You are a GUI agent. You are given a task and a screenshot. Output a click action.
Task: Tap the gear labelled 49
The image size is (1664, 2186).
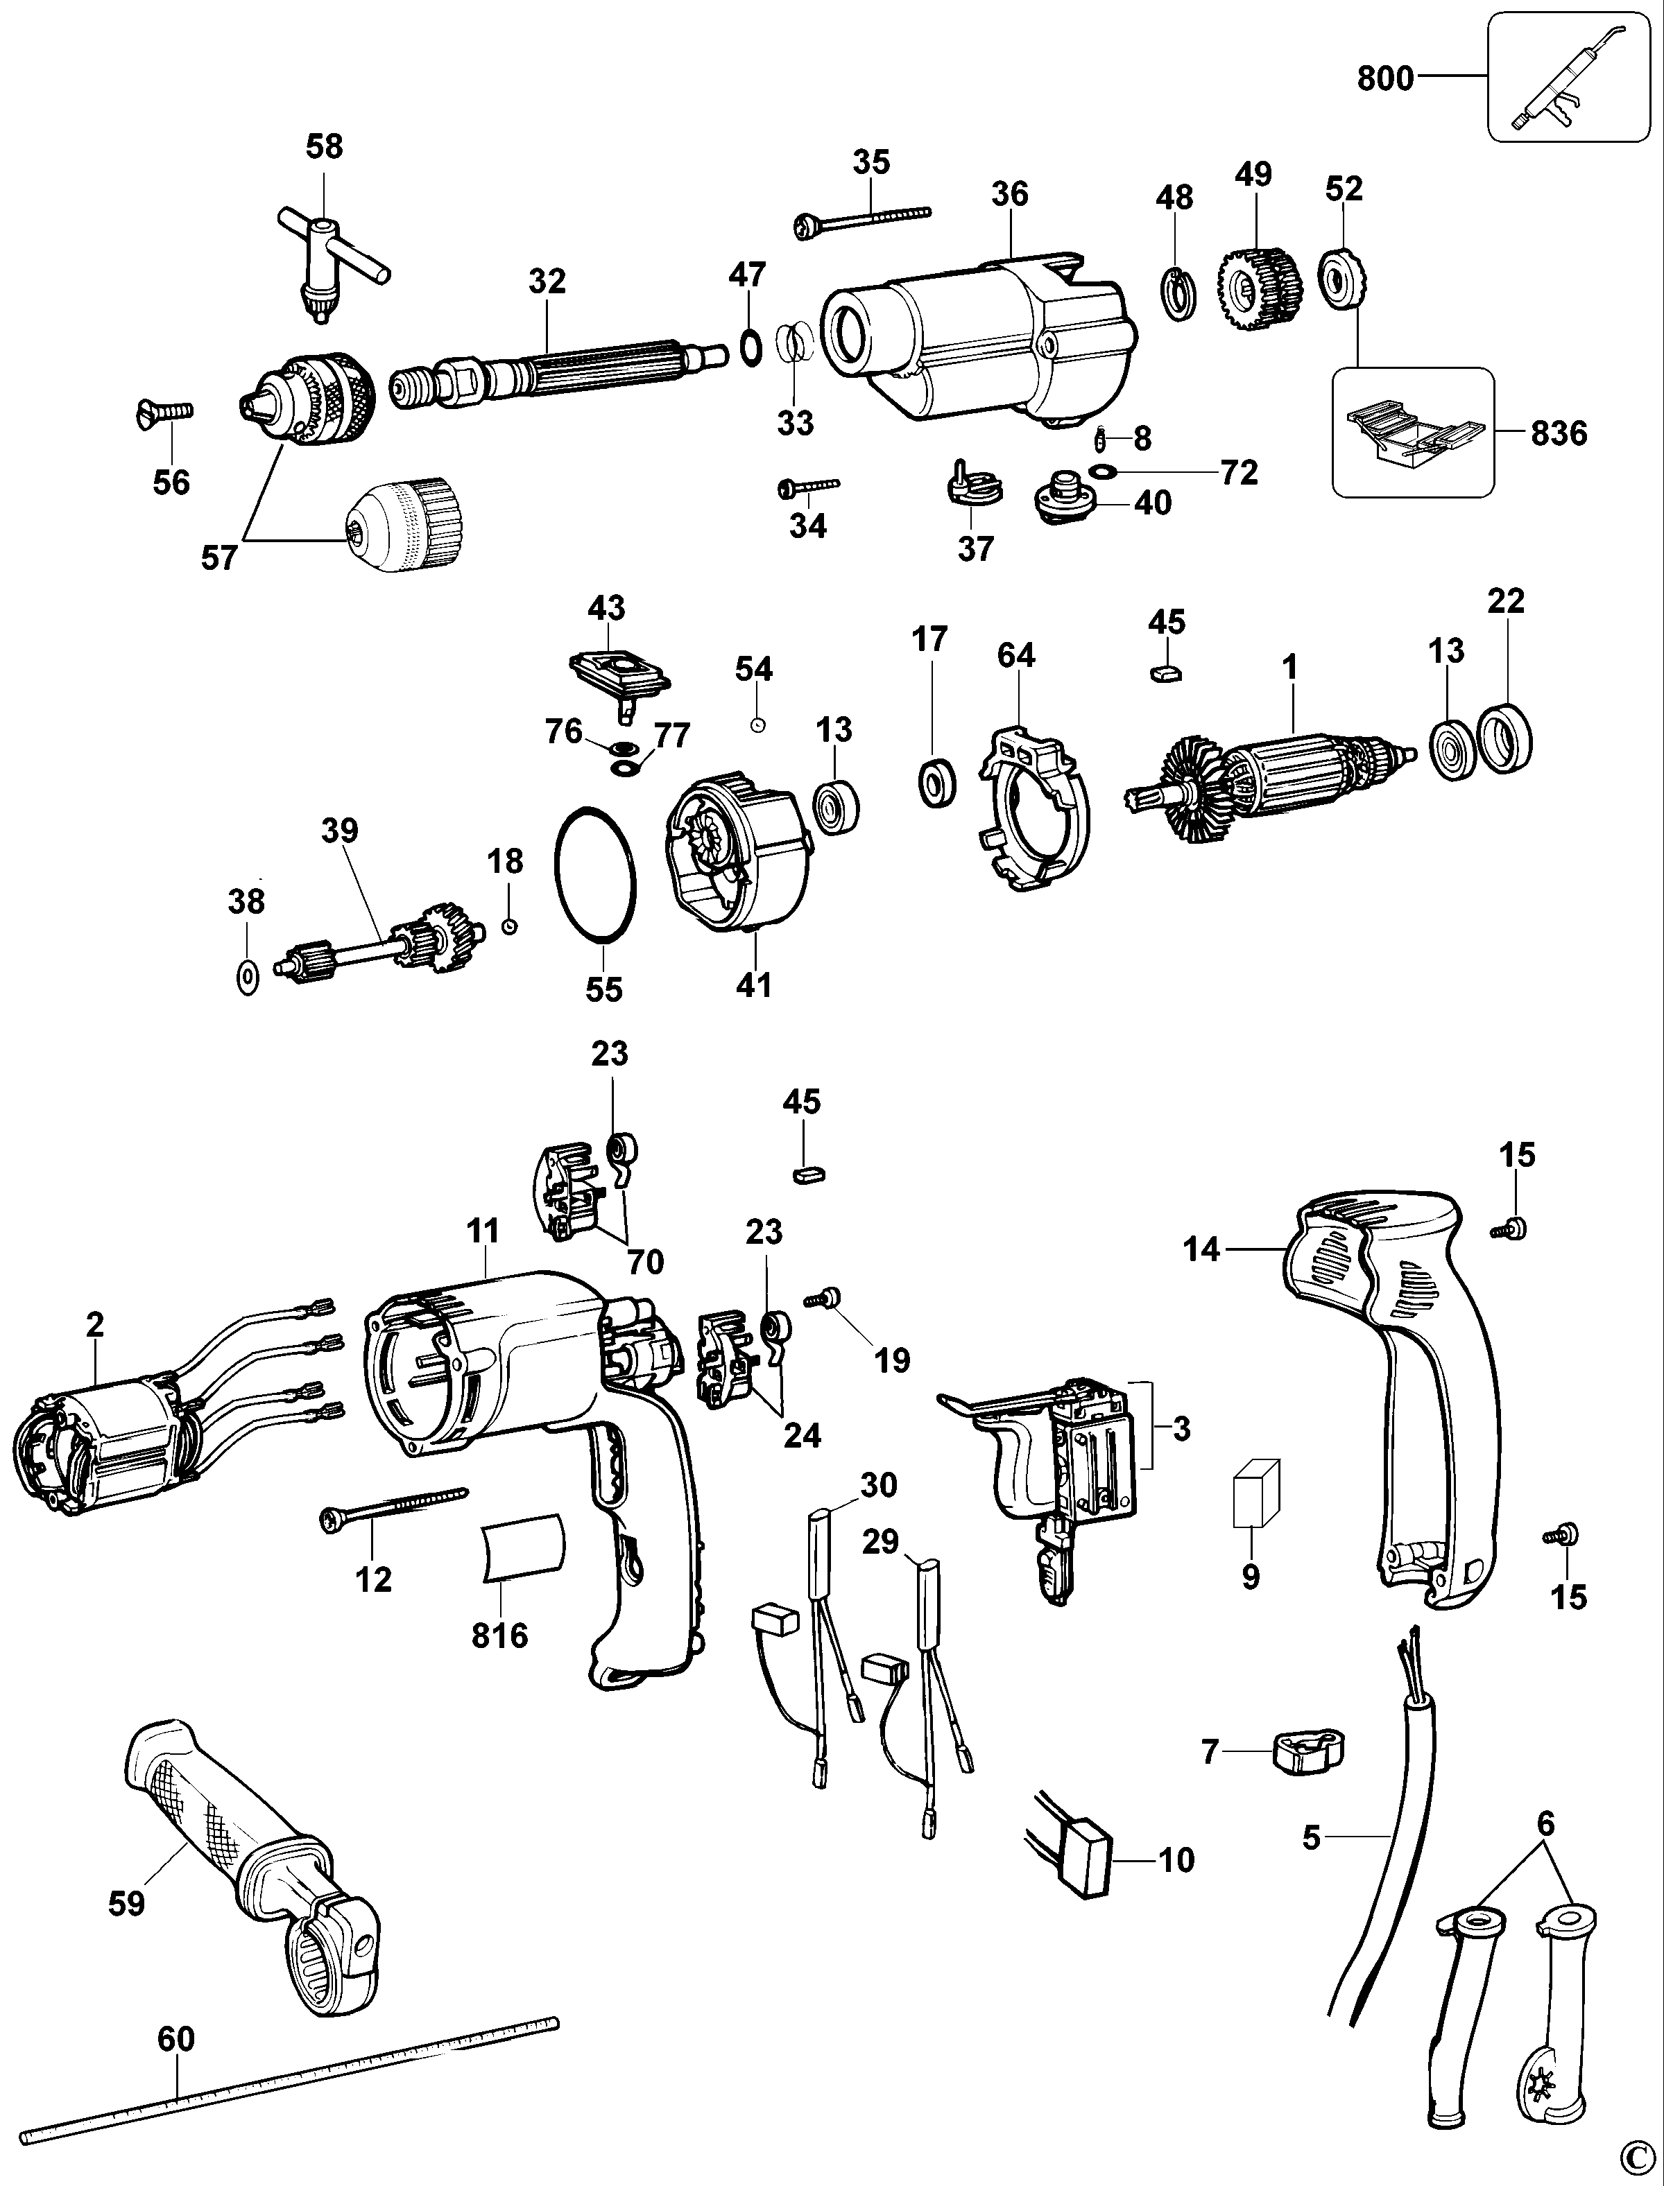(1256, 288)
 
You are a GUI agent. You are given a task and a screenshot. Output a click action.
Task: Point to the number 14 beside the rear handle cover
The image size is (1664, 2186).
(1201, 1249)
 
